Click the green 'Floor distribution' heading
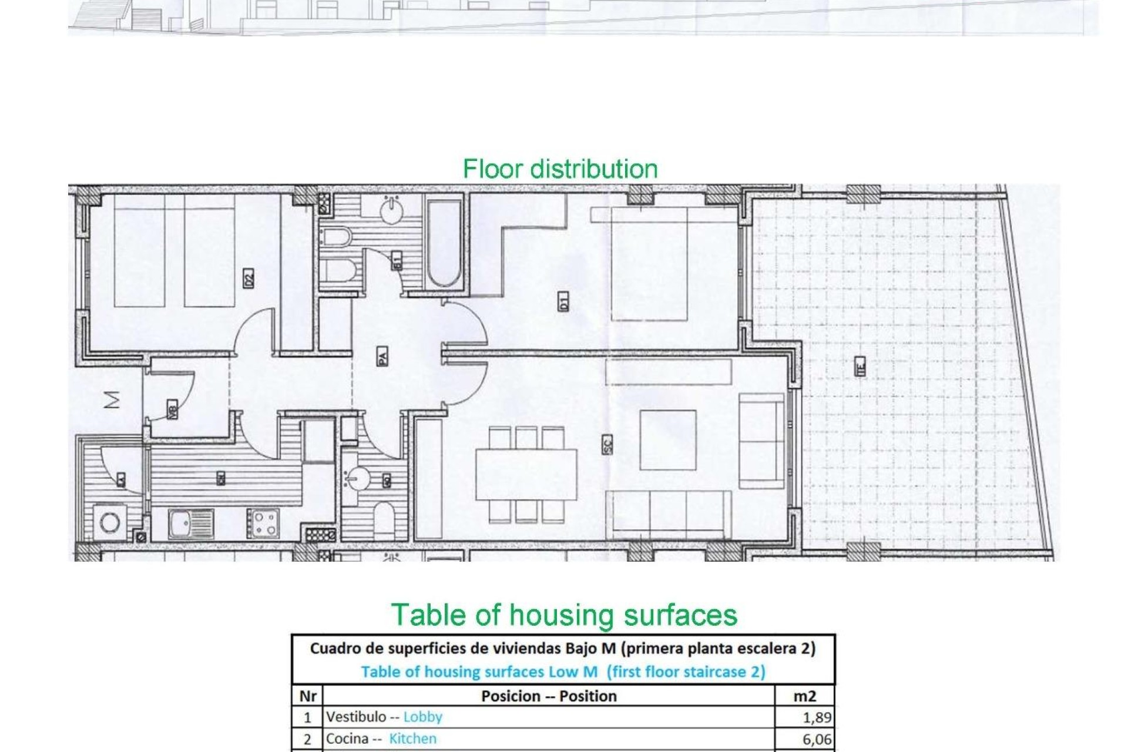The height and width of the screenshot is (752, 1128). [x=560, y=169]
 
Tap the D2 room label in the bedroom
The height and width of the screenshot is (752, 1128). [x=249, y=278]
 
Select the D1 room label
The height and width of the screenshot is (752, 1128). [x=563, y=303]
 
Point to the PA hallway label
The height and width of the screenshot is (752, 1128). [x=382, y=356]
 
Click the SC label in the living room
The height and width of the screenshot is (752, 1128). [x=607, y=444]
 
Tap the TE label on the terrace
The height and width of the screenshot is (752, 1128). [x=860, y=367]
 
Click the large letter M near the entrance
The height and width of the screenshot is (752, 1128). [x=112, y=399]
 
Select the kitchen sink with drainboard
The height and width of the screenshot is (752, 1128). [x=191, y=524]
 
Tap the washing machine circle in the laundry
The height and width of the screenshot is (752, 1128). [x=110, y=522]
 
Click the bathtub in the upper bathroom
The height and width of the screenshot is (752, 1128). [x=444, y=244]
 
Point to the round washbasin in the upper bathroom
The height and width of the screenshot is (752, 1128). [x=391, y=211]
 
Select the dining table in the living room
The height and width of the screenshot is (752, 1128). [x=526, y=475]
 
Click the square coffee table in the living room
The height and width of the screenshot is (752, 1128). [x=668, y=439]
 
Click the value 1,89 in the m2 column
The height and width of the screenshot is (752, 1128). [x=817, y=717]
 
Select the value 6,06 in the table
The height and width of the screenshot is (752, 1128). [x=817, y=739]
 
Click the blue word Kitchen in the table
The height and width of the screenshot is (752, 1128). [x=412, y=738]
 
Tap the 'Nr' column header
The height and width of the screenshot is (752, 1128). [x=308, y=696]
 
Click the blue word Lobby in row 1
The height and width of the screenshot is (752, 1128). [x=422, y=717]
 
